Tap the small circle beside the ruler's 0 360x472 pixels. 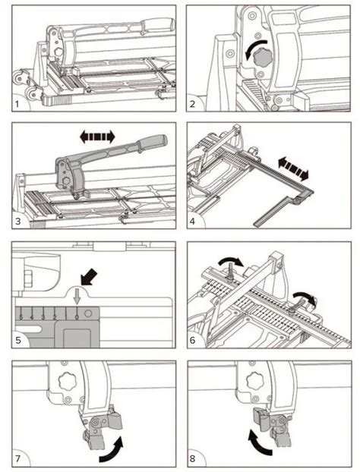(90, 313)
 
